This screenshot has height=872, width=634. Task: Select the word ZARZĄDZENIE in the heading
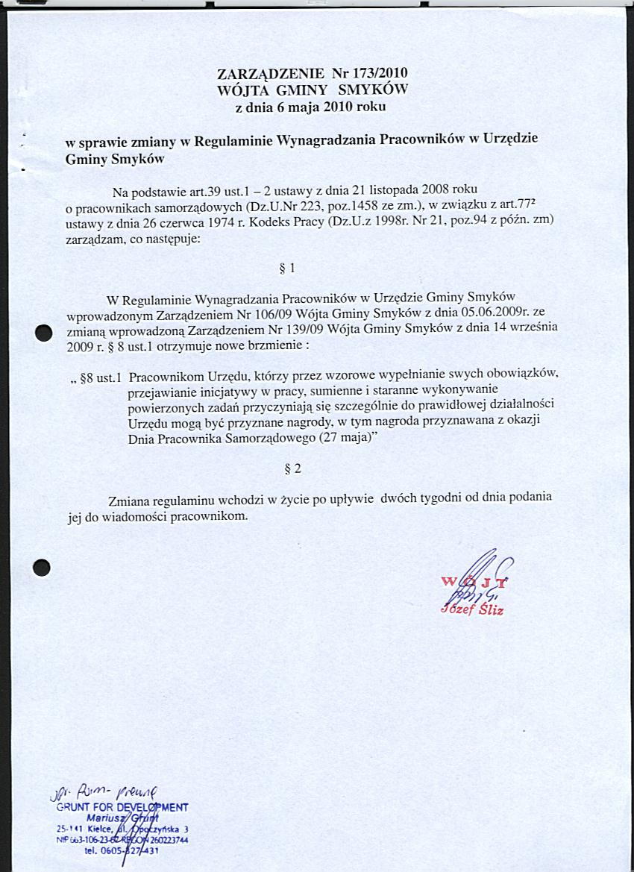coord(270,74)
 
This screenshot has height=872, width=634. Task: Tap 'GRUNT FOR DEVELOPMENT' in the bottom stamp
coord(122,806)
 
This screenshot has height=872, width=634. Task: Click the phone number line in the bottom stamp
coord(118,850)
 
